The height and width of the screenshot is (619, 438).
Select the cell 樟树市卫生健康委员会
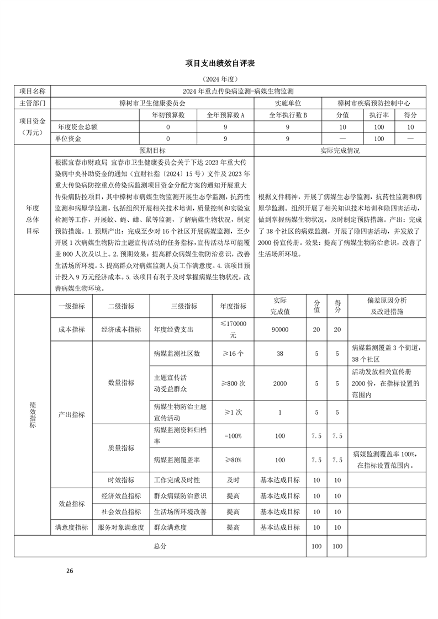pyautogui.click(x=152, y=103)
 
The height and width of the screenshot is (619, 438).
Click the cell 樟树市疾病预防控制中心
pyautogui.click(x=373, y=103)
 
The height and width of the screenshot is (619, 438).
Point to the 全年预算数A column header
pyautogui.click(x=225, y=115)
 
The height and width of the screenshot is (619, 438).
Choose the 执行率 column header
pyautogui.click(x=378, y=115)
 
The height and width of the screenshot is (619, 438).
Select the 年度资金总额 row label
pyautogui.click(x=77, y=127)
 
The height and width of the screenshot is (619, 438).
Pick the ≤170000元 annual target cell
pyautogui.click(x=233, y=329)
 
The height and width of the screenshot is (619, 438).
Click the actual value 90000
pyautogui.click(x=279, y=329)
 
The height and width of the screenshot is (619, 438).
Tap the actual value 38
pyautogui.click(x=279, y=353)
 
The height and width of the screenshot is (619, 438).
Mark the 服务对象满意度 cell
pyautogui.click(x=120, y=527)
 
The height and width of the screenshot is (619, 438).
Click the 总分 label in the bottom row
pyautogui.click(x=160, y=546)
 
